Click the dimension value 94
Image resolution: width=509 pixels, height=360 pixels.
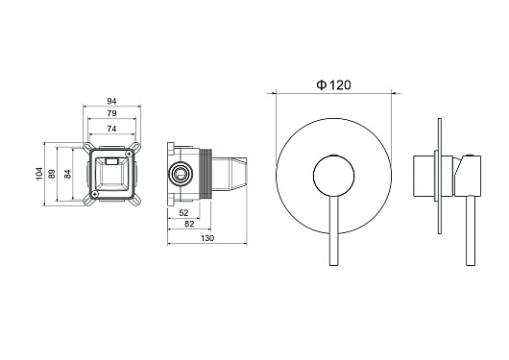[x=111, y=102]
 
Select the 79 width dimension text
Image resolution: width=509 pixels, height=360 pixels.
[x=111, y=113]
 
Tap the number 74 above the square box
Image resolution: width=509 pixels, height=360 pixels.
[x=111, y=129]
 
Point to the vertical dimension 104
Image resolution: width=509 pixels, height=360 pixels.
[x=39, y=174]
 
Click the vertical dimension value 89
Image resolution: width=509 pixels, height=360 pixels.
[x=52, y=174]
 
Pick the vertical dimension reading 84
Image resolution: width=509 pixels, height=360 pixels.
[x=67, y=174]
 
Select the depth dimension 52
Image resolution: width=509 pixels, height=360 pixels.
[x=183, y=213]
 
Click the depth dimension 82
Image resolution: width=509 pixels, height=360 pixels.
[x=189, y=224]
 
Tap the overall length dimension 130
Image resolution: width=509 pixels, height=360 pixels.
[x=207, y=238]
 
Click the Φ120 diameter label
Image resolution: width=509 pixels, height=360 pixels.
[x=333, y=85]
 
